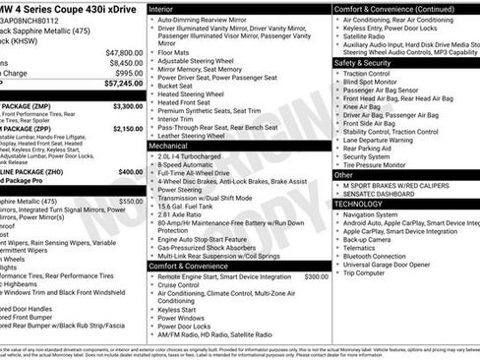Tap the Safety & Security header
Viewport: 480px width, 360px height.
tap(368, 62)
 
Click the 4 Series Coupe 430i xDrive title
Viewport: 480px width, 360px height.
tap(69, 9)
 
